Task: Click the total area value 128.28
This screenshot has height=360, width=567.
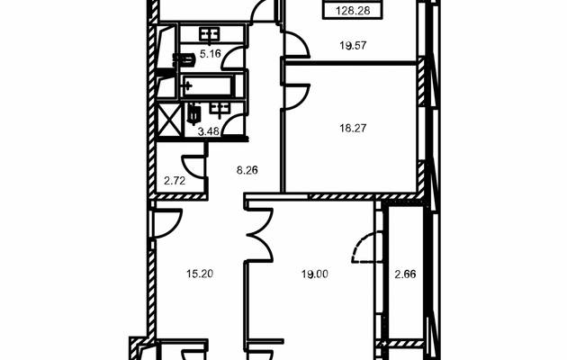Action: [353, 11]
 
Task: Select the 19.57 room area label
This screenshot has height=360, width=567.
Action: [353, 46]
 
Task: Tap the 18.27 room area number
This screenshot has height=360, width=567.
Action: [353, 128]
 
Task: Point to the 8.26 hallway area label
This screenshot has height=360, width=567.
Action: [247, 170]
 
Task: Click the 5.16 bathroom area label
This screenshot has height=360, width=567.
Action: [210, 55]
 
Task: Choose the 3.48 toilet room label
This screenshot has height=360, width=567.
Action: [209, 131]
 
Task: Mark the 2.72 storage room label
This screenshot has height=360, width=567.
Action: [175, 181]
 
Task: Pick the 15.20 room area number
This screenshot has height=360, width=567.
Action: [200, 274]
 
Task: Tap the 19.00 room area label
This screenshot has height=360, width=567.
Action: [315, 274]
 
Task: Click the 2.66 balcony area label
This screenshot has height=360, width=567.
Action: [405, 274]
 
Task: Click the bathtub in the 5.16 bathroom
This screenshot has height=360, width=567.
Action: [208, 86]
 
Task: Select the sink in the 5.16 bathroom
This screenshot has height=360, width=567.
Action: [210, 35]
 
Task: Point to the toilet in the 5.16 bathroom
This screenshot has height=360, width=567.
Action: [184, 59]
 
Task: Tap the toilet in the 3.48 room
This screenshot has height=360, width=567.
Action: [193, 112]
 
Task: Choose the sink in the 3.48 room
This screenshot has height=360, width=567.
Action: [219, 108]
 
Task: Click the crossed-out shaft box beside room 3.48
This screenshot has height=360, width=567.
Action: [169, 119]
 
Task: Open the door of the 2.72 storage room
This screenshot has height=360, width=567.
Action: [193, 166]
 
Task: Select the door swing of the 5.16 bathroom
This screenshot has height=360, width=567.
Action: [233, 58]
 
